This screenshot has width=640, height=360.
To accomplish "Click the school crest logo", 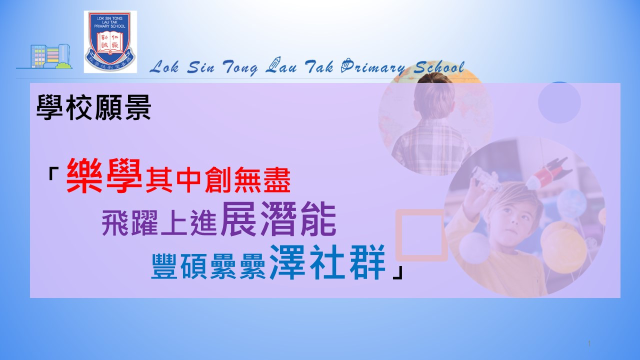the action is [x=110, y=41].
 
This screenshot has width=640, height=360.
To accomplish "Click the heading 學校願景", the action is [x=93, y=107].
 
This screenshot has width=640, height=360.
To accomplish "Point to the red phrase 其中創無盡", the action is [x=218, y=180].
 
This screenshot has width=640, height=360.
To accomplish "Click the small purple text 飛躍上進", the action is [x=159, y=223].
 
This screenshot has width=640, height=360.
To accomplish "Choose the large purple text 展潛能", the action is [x=278, y=219].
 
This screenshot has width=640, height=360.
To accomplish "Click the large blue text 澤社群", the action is [x=327, y=262].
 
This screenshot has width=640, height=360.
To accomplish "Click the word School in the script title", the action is [x=439, y=67].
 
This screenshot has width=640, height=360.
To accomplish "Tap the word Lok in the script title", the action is [x=164, y=67].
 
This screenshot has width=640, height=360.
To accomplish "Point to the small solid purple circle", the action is [x=559, y=102].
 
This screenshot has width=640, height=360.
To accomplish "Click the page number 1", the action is [x=589, y=343].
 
